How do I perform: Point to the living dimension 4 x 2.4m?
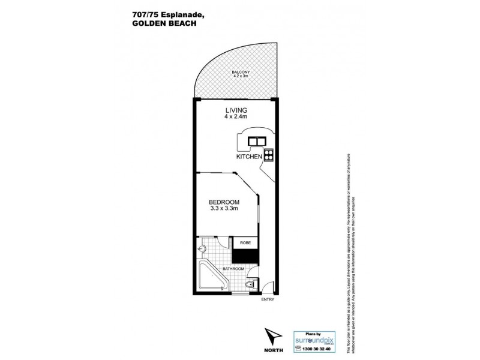pyautogui.click(x=236, y=118)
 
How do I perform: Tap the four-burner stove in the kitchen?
pyautogui.click(x=268, y=155)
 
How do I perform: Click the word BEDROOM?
pyautogui.click(x=224, y=202)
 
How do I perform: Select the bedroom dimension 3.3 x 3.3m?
pyautogui.click(x=224, y=209)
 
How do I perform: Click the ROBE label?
pyautogui.click(x=245, y=243)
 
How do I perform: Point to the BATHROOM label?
pyautogui.click(x=233, y=268)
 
